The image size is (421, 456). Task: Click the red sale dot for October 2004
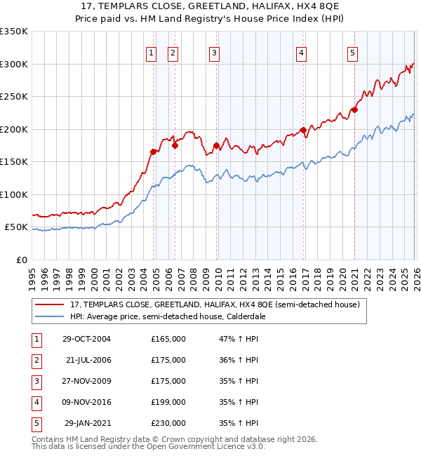coord(153,152)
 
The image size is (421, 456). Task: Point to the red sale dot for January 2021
coord(355,109)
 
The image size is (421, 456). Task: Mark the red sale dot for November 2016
coord(302,130)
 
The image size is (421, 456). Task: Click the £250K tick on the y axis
coord(14,97)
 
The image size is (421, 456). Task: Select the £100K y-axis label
coord(14,194)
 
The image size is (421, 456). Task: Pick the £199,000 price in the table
coord(168,402)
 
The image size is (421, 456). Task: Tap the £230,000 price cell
coord(168,423)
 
